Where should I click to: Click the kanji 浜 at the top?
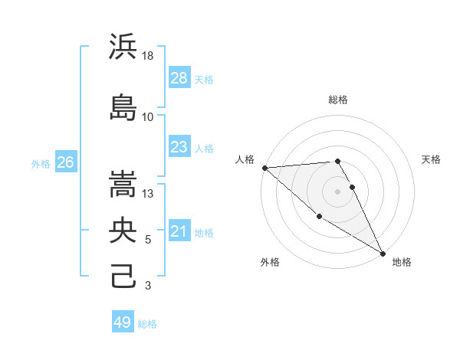tap(123, 48)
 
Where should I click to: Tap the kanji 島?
tap(123, 107)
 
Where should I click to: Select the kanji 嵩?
tap(123, 184)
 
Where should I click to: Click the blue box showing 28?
tap(179, 78)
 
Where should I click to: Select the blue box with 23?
tap(179, 147)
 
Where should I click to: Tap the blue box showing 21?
tap(179, 231)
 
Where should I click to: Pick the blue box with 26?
tap(65, 162)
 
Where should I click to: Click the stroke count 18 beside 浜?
tap(149, 55)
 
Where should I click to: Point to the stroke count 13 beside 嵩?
tap(149, 193)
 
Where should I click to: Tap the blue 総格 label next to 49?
tap(147, 324)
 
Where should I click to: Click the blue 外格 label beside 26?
tap(41, 163)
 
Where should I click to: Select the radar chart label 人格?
tap(245, 159)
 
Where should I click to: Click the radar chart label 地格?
tap(402, 262)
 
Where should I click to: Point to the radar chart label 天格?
tap(431, 159)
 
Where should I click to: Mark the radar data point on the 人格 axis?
tap(264, 168)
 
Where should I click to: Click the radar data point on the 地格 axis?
tap(383, 253)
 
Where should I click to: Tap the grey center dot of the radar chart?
tap(337, 191)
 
